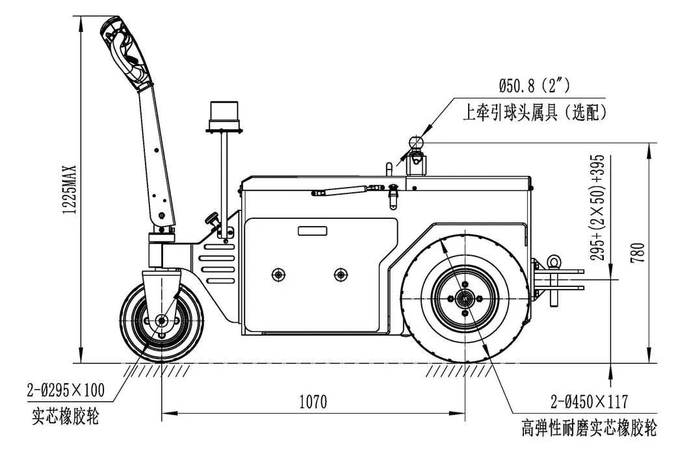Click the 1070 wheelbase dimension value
pos(313,402)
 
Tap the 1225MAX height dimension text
pos(72,188)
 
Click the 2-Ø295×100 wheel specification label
pos(66,390)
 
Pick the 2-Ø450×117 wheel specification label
pos(588,401)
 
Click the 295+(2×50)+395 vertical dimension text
pos(598,208)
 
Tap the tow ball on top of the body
pos(416,142)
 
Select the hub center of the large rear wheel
pos(465,299)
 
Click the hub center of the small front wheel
pos(161,320)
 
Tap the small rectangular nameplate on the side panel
pos(314,231)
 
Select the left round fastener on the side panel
pos(279,274)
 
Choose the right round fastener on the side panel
pos(339,274)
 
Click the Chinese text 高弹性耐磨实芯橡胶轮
pos(589,429)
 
